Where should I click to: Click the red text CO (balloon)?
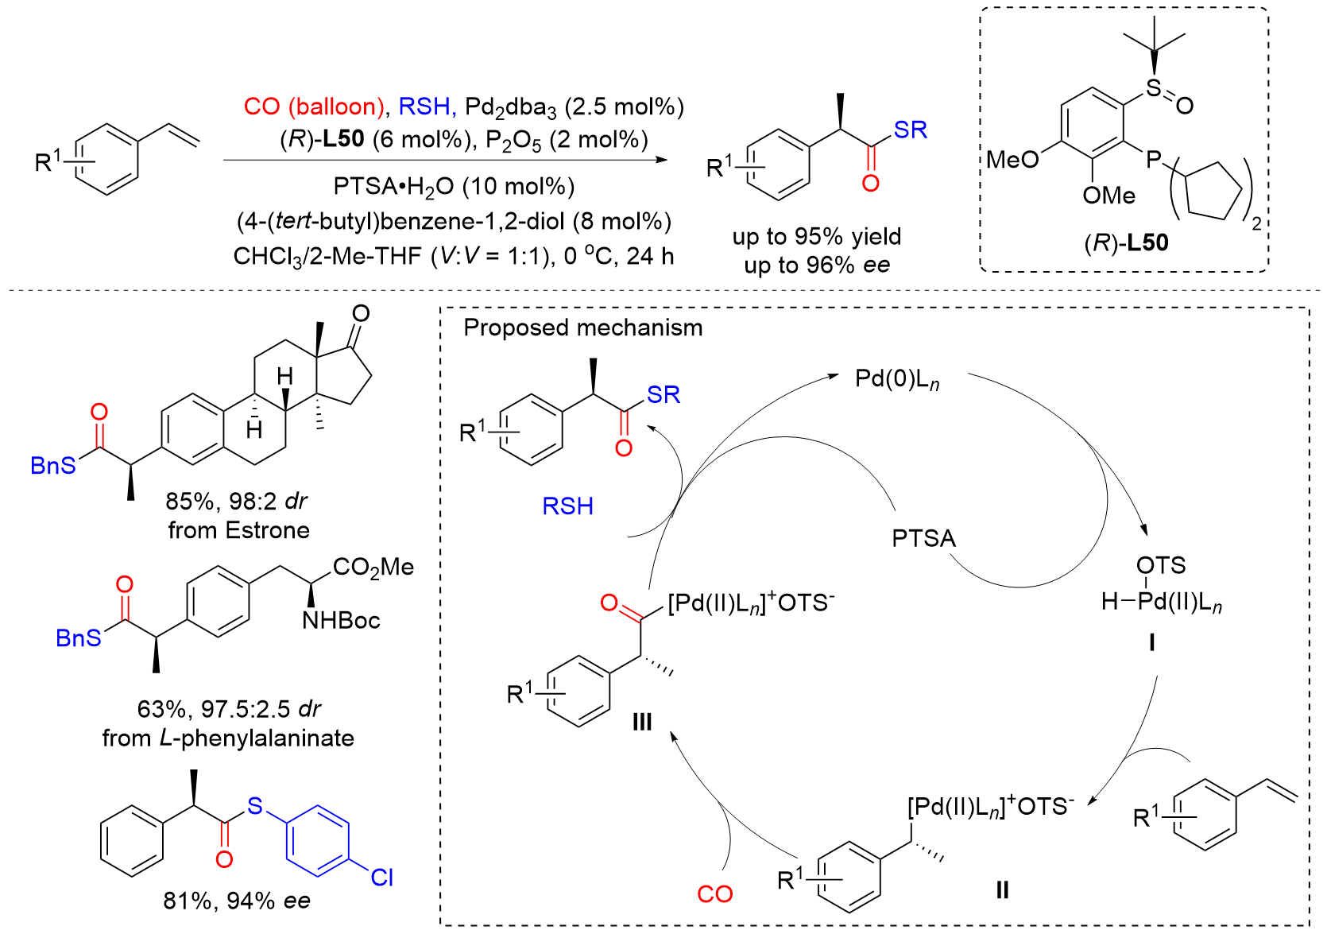[x=314, y=107]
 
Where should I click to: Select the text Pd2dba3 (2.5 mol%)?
[x=574, y=107]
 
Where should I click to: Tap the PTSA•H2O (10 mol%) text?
[x=454, y=187]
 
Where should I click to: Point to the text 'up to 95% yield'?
[x=816, y=237]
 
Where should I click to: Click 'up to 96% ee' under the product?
[x=816, y=265]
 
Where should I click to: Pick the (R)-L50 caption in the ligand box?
[x=1126, y=243]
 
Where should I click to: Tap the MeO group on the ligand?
[x=1012, y=160]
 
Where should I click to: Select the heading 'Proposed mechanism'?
[x=582, y=327]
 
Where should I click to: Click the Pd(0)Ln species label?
[x=897, y=379]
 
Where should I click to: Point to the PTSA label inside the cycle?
[x=923, y=539]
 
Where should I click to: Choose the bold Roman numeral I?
[x=1151, y=641]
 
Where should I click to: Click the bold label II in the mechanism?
[x=1002, y=889]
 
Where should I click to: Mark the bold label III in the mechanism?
[x=641, y=722]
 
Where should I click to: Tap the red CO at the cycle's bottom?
[x=714, y=894]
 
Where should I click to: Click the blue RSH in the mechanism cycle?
[x=567, y=506]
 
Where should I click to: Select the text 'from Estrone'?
[x=238, y=530]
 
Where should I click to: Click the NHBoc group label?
[x=341, y=620]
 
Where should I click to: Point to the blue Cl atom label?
[x=381, y=877]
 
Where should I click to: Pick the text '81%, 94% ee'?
[x=236, y=901]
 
